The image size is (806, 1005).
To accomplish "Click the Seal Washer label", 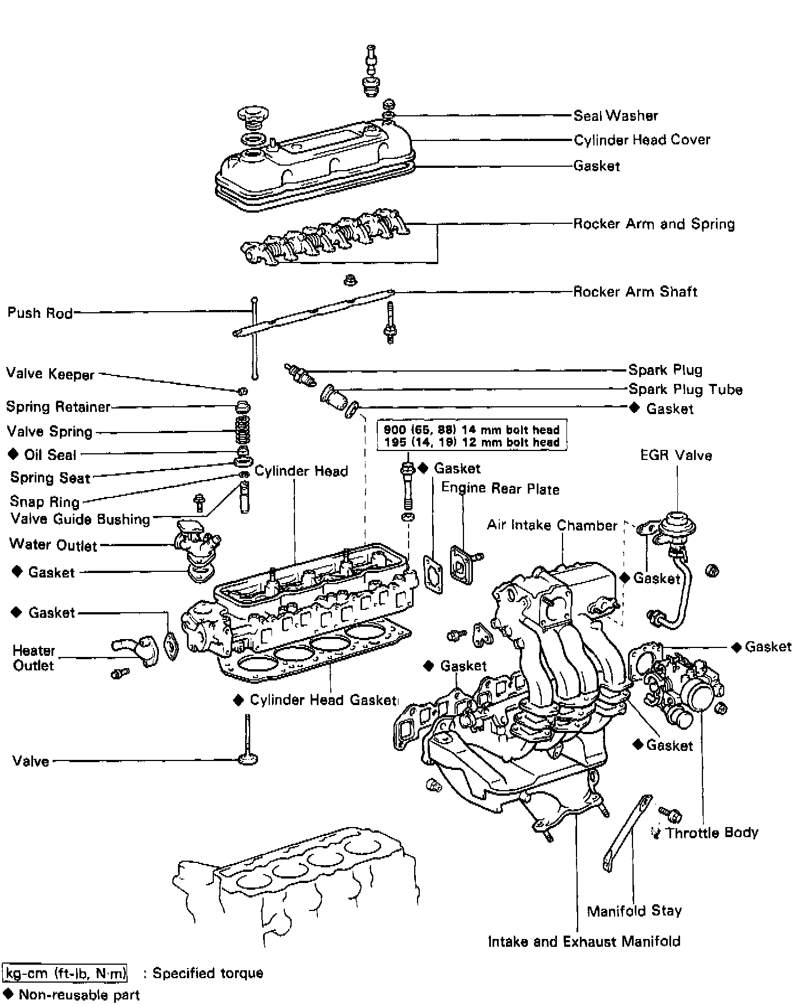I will (x=615, y=116).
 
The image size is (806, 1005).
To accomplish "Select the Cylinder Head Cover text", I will (x=641, y=140).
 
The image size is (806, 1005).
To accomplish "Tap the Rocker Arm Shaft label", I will (x=635, y=292).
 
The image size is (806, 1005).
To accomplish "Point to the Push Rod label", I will (x=40, y=312).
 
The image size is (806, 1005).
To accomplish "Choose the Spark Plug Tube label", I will (x=685, y=389).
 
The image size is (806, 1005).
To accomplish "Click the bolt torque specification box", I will (x=472, y=435).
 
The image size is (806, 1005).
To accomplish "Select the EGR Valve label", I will (x=676, y=455).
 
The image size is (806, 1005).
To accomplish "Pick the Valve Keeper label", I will (x=50, y=374).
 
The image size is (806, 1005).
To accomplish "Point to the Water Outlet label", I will (x=53, y=544).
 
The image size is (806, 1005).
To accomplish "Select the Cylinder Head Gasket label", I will (x=322, y=700).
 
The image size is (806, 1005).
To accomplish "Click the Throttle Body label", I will (x=711, y=833).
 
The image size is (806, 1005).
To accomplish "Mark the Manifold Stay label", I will (x=634, y=911).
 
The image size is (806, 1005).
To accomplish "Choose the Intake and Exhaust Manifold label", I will (x=584, y=941).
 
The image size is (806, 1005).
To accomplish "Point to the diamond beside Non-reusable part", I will (x=8, y=994).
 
